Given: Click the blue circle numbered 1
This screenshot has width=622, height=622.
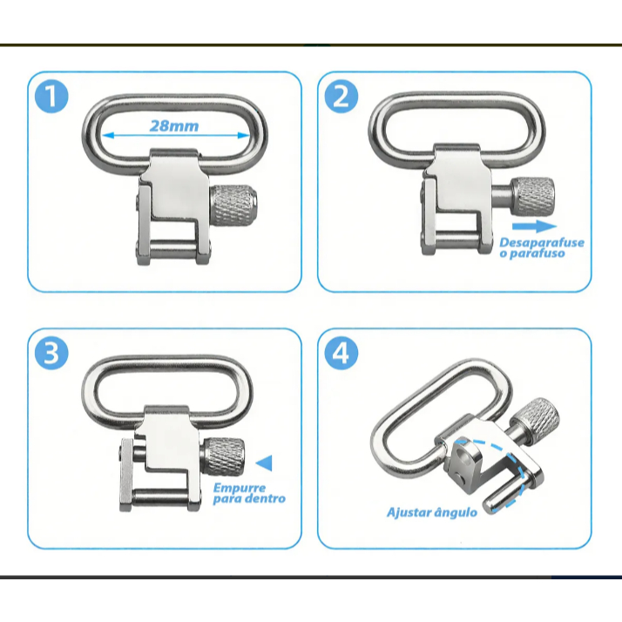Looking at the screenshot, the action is pyautogui.click(x=51, y=97).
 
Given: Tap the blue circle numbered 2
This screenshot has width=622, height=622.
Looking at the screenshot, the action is pyautogui.click(x=341, y=97).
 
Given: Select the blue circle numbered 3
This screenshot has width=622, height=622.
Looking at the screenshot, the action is pyautogui.click(x=51, y=353).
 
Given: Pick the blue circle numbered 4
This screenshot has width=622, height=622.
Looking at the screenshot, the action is pyautogui.click(x=341, y=353).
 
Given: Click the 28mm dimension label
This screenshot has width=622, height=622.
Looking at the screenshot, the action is pyautogui.click(x=174, y=126).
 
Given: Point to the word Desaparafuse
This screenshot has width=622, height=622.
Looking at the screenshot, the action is pyautogui.click(x=542, y=242).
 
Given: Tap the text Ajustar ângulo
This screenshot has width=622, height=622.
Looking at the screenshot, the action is pyautogui.click(x=432, y=512).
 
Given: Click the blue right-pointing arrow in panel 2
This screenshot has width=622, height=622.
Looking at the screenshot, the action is pyautogui.click(x=534, y=226).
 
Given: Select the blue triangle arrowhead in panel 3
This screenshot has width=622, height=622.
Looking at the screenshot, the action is pyautogui.click(x=265, y=463).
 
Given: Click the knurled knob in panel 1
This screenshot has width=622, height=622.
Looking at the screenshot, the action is pyautogui.click(x=233, y=205).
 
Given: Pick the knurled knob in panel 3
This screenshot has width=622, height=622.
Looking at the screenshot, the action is pyautogui.click(x=223, y=456).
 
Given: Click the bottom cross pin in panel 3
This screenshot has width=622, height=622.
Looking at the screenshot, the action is pyautogui.click(x=161, y=497).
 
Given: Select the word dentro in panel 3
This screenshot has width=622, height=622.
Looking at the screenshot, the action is pyautogui.click(x=266, y=498).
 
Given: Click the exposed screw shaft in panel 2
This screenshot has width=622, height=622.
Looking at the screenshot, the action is pyautogui.click(x=502, y=196).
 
